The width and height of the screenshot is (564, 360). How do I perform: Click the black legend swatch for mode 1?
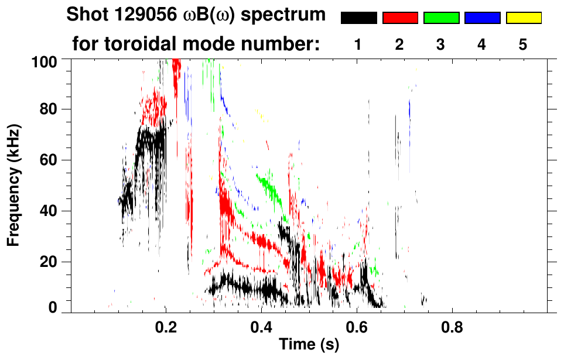tap(358, 18)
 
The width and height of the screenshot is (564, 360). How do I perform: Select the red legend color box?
tap(399, 18)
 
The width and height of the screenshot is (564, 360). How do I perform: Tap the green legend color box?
tap(441, 18)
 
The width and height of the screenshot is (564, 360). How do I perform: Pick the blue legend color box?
tap(482, 18)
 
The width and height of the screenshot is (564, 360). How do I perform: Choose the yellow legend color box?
tap(523, 18)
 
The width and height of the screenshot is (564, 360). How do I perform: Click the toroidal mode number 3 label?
tap(441, 45)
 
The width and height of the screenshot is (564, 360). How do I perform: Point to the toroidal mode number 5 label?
tap(523, 45)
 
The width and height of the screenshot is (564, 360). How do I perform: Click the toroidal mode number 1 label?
tap(358, 45)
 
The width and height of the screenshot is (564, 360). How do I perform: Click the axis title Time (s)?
tap(309, 345)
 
